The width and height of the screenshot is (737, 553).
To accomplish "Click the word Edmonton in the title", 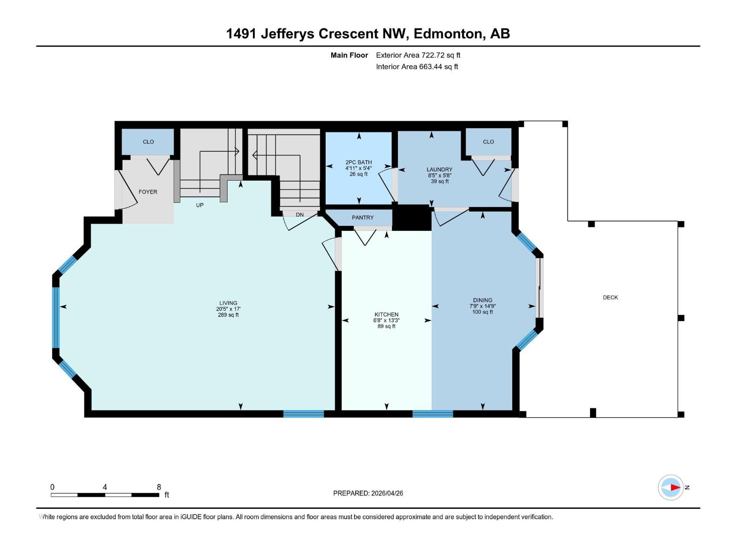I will tap(449, 34).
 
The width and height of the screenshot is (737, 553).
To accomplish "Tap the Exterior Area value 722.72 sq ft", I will tap(441, 55).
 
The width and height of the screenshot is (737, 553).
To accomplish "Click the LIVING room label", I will tap(228, 303).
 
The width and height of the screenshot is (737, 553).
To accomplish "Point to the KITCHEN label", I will tap(386, 314).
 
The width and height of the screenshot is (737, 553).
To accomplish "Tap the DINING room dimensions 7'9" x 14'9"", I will tap(482, 306).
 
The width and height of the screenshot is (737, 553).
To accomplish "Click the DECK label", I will tap(610, 297).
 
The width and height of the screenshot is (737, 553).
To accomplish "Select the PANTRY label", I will tap(363, 218).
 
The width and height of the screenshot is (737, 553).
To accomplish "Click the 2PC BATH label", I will tap(358, 162).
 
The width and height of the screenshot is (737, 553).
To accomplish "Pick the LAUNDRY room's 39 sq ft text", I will tap(439, 181).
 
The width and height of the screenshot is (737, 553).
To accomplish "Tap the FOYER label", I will tap(148, 192).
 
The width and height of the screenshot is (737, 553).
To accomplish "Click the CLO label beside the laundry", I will tap(488, 141).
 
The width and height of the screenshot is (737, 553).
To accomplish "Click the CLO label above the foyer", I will tap(148, 141).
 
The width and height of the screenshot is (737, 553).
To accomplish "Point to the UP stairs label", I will tap(199, 205).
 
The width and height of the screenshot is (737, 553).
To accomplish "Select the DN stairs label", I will tap(300, 215).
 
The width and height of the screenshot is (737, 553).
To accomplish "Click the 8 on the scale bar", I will tap(159, 487).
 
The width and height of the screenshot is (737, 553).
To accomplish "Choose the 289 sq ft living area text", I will tap(228, 315).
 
